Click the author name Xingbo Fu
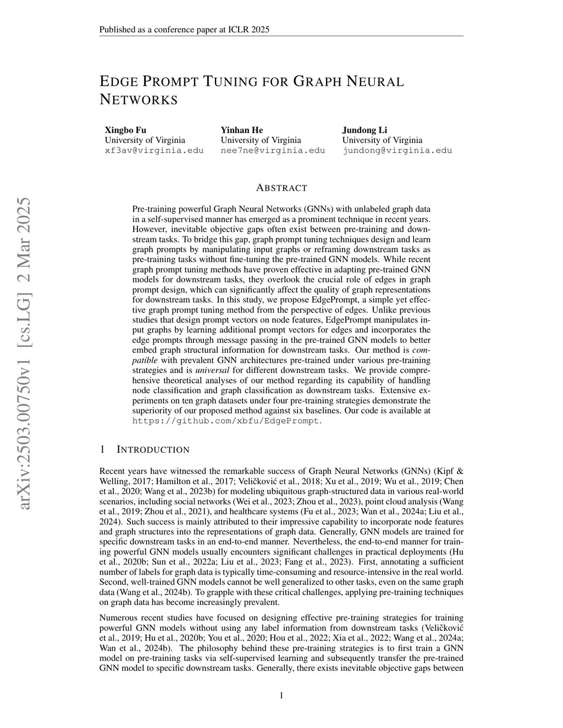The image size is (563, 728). coord(125,130)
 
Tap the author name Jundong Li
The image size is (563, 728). coord(365,130)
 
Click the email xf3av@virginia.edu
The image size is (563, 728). coord(154,151)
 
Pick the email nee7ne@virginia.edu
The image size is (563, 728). coord(273,151)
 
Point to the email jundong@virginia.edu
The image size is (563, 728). coord(397,151)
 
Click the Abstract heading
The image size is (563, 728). coord(281,188)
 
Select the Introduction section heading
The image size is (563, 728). coord(153,450)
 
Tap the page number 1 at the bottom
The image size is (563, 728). coord(281,696)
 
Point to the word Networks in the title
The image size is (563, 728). coord(139,100)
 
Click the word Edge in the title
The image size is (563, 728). coord(118,82)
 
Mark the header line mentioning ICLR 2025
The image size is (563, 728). coord(184,30)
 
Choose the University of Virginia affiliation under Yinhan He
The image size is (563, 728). coord(261,140)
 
